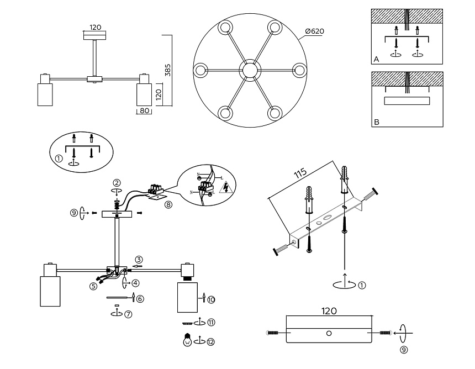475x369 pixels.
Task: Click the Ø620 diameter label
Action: click(314, 31)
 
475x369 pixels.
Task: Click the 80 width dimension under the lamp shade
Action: click(144, 111)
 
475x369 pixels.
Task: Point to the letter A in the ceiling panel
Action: click(376, 59)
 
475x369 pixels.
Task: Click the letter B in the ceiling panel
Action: click(376, 123)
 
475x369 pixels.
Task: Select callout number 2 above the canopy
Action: click(117, 182)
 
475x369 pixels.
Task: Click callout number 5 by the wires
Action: click(94, 286)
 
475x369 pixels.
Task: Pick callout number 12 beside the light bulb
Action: click(210, 342)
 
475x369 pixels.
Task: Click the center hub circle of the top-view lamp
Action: click(250, 70)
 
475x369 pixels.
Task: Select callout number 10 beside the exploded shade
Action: click(211, 299)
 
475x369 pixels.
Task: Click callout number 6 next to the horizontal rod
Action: click(140, 298)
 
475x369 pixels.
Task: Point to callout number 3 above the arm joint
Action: click(139, 259)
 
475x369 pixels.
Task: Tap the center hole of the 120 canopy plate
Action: click(329, 333)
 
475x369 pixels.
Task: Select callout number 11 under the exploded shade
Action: click(210, 322)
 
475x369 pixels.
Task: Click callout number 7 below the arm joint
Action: click(128, 314)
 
